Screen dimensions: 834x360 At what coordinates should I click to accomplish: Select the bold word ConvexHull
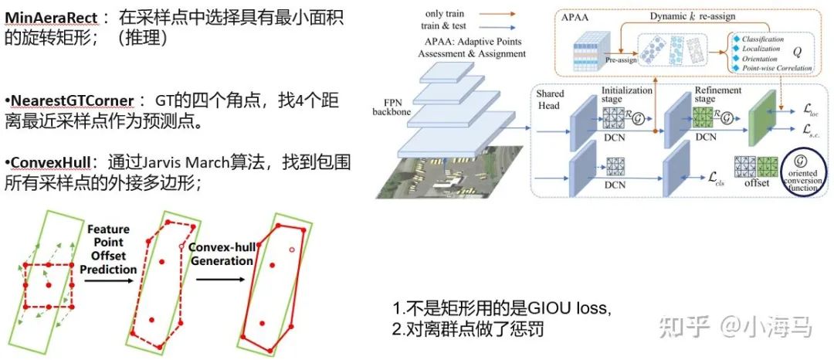tap(52, 164)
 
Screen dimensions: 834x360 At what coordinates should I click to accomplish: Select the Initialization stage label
tap(625, 95)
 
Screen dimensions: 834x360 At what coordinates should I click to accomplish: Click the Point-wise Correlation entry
tap(776, 68)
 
